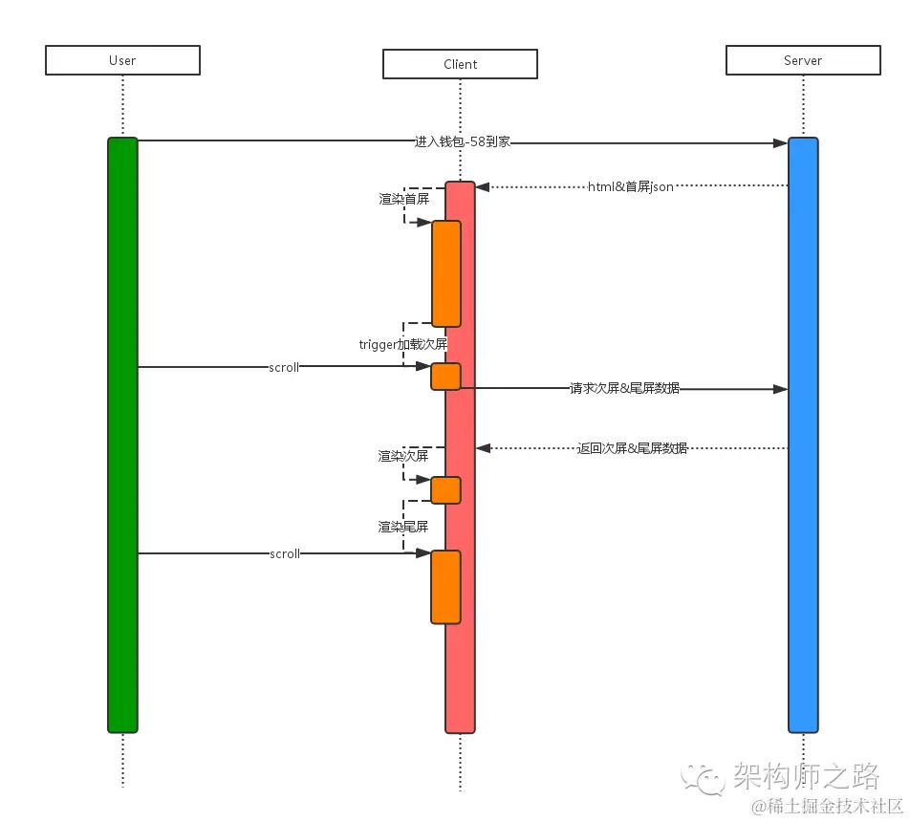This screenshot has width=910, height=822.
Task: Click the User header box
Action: click(x=122, y=60)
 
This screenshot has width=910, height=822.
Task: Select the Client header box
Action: click(x=460, y=64)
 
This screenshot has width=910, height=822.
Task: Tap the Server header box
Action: click(x=803, y=60)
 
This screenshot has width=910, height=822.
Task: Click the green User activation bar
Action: click(x=122, y=435)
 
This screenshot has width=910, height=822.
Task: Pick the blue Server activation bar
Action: click(x=803, y=435)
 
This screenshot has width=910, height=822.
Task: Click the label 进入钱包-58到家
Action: click(x=463, y=141)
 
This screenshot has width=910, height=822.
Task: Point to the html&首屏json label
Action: click(x=631, y=186)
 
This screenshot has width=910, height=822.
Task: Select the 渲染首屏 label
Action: click(x=403, y=200)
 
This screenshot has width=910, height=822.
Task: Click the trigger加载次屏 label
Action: click(x=403, y=344)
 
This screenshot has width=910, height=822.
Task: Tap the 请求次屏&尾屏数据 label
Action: click(x=624, y=389)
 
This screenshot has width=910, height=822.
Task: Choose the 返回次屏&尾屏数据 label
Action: click(x=632, y=447)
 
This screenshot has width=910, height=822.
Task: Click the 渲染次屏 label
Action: click(x=402, y=457)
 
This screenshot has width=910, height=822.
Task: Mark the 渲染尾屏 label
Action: click(x=402, y=527)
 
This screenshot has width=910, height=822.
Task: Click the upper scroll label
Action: click(x=284, y=367)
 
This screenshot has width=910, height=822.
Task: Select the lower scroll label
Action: click(x=285, y=553)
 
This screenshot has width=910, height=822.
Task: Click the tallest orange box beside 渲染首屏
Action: click(x=445, y=273)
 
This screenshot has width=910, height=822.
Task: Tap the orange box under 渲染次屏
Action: click(x=445, y=490)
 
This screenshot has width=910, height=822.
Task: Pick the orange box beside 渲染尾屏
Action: click(x=445, y=587)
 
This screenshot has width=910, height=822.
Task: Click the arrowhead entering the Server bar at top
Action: click(x=780, y=143)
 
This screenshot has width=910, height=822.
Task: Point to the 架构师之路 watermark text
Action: click(x=806, y=775)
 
